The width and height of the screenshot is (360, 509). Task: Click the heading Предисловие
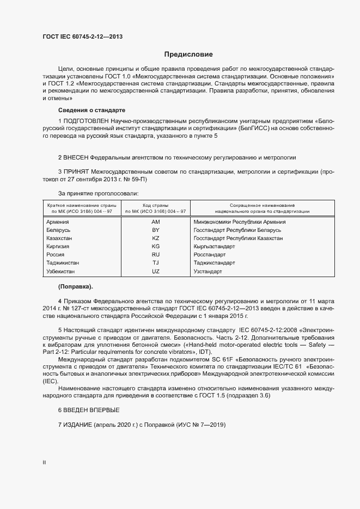188,54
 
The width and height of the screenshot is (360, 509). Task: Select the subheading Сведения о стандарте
91,111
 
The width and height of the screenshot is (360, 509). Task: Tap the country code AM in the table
156,222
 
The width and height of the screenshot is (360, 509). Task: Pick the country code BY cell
156,230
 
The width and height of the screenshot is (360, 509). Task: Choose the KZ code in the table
156,238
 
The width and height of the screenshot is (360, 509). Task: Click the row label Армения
58,222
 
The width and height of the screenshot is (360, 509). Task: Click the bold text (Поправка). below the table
75,287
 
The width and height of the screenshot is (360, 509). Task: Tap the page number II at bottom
44,463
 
